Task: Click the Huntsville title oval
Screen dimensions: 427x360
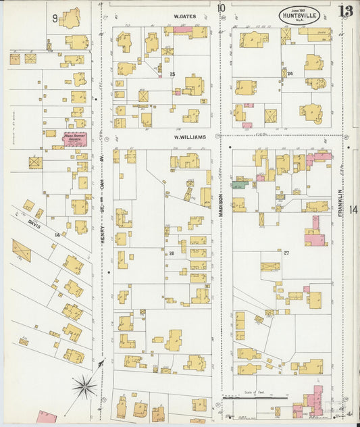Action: click(x=301, y=15)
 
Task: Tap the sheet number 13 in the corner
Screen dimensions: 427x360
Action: click(x=346, y=11)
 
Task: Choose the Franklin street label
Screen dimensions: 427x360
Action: click(x=342, y=203)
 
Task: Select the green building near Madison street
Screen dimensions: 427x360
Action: click(x=238, y=184)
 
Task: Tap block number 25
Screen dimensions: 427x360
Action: click(x=173, y=74)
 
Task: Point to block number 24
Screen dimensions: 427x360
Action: click(x=290, y=73)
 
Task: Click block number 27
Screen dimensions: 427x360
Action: click(x=286, y=253)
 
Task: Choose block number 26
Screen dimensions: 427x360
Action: click(x=172, y=253)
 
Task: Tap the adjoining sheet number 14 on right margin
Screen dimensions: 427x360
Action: click(x=353, y=209)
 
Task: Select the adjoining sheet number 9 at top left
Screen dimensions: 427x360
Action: click(x=54, y=19)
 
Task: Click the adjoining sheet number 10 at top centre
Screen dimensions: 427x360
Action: click(x=222, y=8)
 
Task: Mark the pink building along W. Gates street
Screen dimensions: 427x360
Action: click(x=182, y=30)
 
